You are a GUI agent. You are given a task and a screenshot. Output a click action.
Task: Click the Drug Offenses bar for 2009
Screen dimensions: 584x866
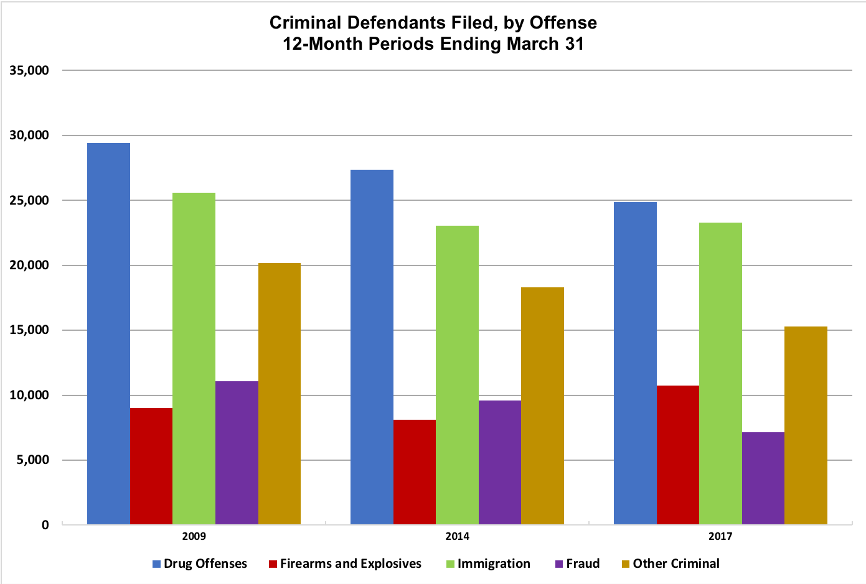click(x=108, y=333)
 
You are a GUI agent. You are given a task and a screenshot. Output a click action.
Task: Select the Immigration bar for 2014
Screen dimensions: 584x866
click(x=457, y=375)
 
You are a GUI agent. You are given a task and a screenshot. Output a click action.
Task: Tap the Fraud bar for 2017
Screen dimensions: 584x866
click(x=763, y=478)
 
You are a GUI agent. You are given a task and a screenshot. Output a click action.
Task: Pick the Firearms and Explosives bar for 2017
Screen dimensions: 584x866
click(x=678, y=455)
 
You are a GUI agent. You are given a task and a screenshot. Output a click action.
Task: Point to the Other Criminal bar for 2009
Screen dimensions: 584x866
click(x=280, y=394)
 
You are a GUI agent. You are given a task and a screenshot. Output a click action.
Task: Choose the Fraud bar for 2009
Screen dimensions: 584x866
click(x=237, y=453)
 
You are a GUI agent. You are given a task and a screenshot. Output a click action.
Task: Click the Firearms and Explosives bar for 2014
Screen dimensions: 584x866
click(x=415, y=472)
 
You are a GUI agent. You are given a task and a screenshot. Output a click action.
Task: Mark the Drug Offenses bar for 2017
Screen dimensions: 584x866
click(x=635, y=363)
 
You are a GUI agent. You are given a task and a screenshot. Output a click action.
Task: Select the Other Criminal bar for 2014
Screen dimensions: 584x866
click(x=542, y=406)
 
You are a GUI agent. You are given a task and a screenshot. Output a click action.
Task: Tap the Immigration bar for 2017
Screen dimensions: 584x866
click(x=720, y=373)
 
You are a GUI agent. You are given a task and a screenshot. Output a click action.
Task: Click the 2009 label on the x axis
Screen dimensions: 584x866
click(x=194, y=537)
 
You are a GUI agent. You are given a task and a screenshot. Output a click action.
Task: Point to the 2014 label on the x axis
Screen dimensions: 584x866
click(x=458, y=537)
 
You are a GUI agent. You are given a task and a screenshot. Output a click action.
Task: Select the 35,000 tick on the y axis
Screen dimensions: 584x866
click(x=29, y=70)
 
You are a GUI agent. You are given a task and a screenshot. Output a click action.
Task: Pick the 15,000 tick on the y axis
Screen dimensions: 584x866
click(x=29, y=330)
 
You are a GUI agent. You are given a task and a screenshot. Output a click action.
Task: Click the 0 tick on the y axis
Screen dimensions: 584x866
click(x=45, y=525)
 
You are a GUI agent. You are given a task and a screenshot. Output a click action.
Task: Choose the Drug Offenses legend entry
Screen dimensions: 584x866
click(x=200, y=564)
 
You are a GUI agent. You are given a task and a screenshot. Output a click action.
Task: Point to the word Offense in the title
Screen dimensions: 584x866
click(x=563, y=23)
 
